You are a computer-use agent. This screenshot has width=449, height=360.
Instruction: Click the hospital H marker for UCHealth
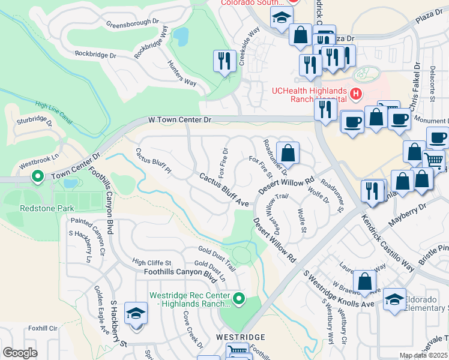click(356, 94)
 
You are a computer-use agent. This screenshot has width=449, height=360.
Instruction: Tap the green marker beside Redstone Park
click(37, 177)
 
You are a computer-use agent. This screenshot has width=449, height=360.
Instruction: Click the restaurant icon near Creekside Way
click(224, 61)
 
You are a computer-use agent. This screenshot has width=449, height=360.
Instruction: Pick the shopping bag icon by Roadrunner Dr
click(288, 153)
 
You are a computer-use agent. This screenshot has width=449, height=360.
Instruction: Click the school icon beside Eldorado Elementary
click(394, 299)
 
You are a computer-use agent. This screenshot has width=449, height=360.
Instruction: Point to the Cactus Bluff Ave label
click(224, 191)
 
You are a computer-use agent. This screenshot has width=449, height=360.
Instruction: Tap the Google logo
click(20, 353)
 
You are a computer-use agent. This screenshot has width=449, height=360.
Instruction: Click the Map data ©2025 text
click(423, 355)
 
